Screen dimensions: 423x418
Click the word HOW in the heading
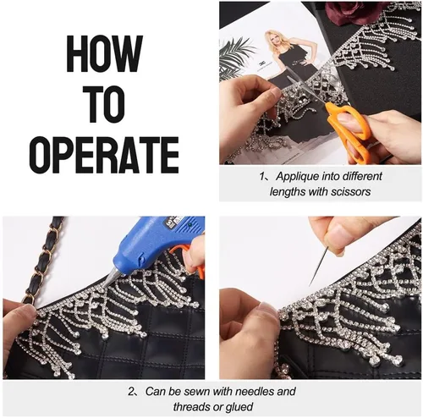pyautogui.click(x=104, y=54)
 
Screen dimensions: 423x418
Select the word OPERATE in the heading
pyautogui.click(x=104, y=155)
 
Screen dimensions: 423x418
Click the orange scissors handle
pyautogui.click(x=349, y=130)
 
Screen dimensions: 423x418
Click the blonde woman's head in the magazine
pyautogui.click(x=274, y=40)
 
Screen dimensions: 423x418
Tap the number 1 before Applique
pyautogui.click(x=261, y=177)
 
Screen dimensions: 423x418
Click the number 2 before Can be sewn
pyautogui.click(x=131, y=392)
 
